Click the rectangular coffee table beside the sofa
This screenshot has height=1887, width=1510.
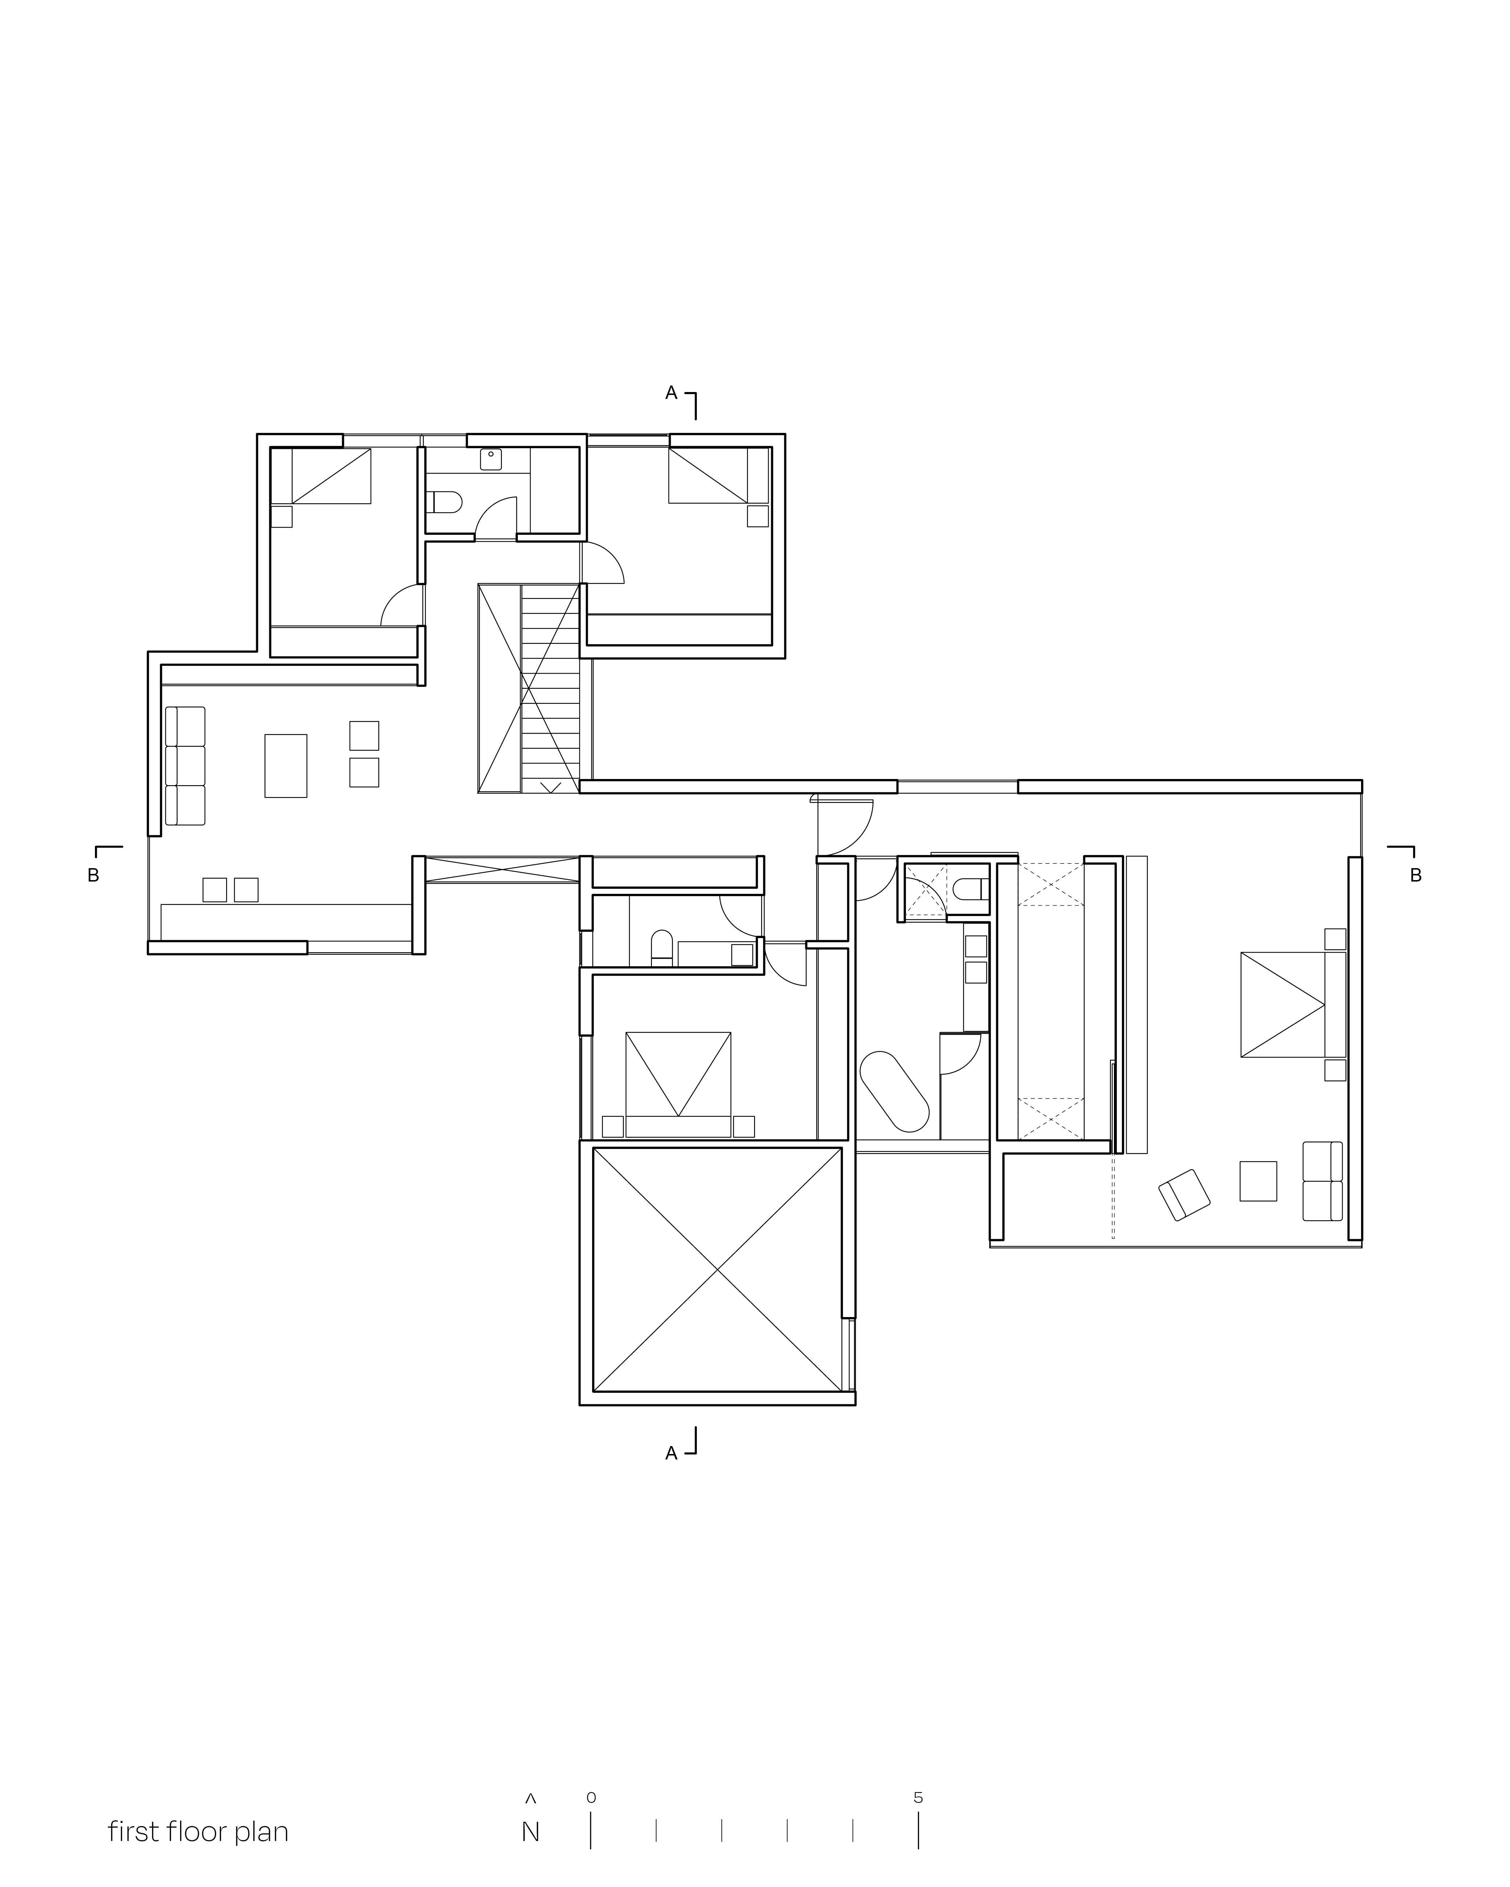(x=286, y=766)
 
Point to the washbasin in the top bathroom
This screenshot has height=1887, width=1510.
(x=491, y=459)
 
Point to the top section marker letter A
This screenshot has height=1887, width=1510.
(x=671, y=393)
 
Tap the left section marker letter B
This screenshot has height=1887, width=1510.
(x=93, y=875)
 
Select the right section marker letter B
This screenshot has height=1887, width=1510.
(x=1415, y=875)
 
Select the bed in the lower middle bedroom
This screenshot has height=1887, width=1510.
(x=678, y=1084)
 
